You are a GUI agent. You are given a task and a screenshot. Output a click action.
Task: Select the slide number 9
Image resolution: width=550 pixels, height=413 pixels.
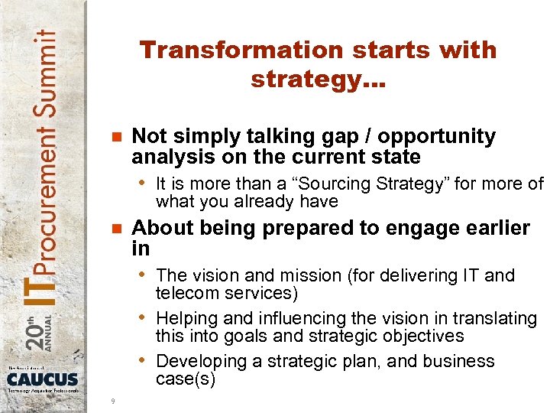(113, 401)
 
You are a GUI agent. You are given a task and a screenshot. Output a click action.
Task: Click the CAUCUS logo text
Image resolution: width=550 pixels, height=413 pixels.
(43, 379)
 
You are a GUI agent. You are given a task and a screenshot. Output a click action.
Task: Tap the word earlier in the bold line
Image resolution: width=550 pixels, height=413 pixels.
(493, 229)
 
